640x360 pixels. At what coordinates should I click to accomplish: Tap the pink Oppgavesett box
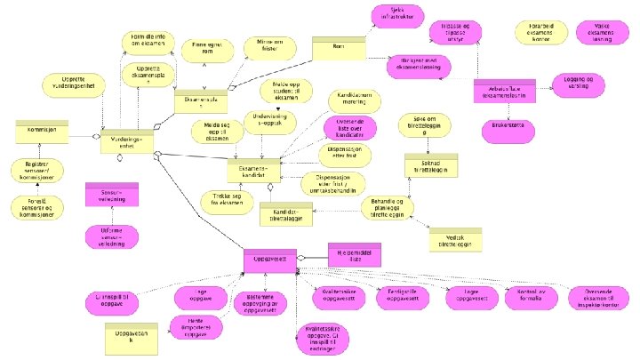click(x=269, y=259)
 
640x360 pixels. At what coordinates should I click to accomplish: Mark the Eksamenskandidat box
click(x=253, y=169)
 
